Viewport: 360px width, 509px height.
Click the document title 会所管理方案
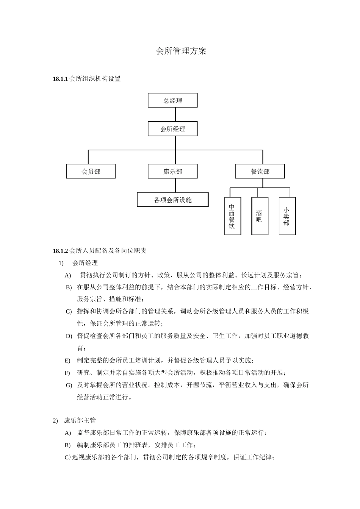(181, 52)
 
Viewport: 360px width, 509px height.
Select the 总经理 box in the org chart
(173, 101)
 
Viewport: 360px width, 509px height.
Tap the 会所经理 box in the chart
(173, 129)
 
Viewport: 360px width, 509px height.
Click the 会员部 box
(91, 172)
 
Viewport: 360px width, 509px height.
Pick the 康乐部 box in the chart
(173, 172)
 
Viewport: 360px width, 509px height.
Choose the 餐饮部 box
(260, 172)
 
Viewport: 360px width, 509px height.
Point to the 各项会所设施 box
(173, 200)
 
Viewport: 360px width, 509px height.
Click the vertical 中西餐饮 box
(232, 216)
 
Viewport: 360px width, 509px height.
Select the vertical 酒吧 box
(259, 216)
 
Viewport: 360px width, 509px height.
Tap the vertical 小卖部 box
(286, 216)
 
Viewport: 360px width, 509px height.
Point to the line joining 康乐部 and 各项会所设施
(175, 186)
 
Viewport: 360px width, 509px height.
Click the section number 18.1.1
(60, 79)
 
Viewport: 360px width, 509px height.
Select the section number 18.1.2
(60, 251)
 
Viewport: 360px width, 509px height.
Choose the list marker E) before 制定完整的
(67, 361)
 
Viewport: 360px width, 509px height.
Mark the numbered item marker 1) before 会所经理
(61, 263)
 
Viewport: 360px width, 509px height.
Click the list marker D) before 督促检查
(69, 336)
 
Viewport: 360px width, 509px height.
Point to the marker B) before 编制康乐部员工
(68, 445)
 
